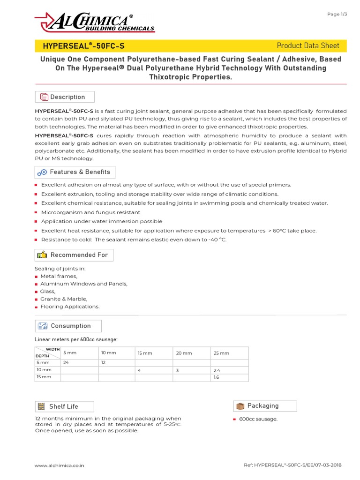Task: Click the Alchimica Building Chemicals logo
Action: coord(94,22)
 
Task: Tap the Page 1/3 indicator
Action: coord(337,14)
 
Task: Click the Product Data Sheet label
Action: coord(308,45)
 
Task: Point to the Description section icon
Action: coord(44,97)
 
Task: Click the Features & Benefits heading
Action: coord(80,172)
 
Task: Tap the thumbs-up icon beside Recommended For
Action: coord(42,255)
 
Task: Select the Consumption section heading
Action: coord(70,326)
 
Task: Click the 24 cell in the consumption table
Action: coord(66,362)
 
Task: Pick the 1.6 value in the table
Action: coord(217,377)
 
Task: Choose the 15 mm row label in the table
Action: coord(44,377)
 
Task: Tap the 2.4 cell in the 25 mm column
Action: coord(217,370)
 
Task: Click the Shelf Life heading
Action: coord(63,406)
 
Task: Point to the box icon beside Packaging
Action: coord(240,406)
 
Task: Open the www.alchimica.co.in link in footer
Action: coord(60,465)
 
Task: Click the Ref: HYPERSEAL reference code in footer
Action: coord(292,465)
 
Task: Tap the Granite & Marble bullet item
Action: coord(64,299)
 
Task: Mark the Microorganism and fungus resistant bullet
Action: coord(90,212)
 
